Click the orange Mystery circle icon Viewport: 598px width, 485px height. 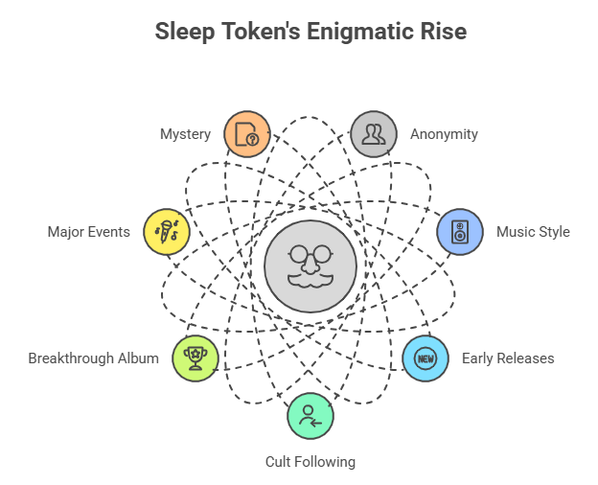pos(247,134)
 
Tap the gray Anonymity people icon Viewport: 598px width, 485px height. pos(374,134)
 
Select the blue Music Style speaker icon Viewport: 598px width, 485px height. pos(460,232)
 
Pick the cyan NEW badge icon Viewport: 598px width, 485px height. pos(425,358)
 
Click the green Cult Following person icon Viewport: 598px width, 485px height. pos(310,416)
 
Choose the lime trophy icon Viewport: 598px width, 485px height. pos(195,358)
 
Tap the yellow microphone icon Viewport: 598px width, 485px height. pos(167,232)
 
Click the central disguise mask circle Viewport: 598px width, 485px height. pos(310,266)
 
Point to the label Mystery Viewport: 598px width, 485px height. pos(185,134)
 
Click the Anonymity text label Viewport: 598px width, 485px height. pos(444,134)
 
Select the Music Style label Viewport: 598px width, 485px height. pos(533,232)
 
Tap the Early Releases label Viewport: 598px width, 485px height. pos(508,358)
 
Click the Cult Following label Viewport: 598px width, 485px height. pos(310,462)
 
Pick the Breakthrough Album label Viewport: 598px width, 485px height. pos(94,358)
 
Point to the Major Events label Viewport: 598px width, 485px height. pos(89,232)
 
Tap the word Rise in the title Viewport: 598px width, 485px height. pos(444,31)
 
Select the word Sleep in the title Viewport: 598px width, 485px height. pos(185,32)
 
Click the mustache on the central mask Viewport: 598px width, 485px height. pos(310,280)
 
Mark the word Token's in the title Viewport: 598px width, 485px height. pos(261,31)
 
